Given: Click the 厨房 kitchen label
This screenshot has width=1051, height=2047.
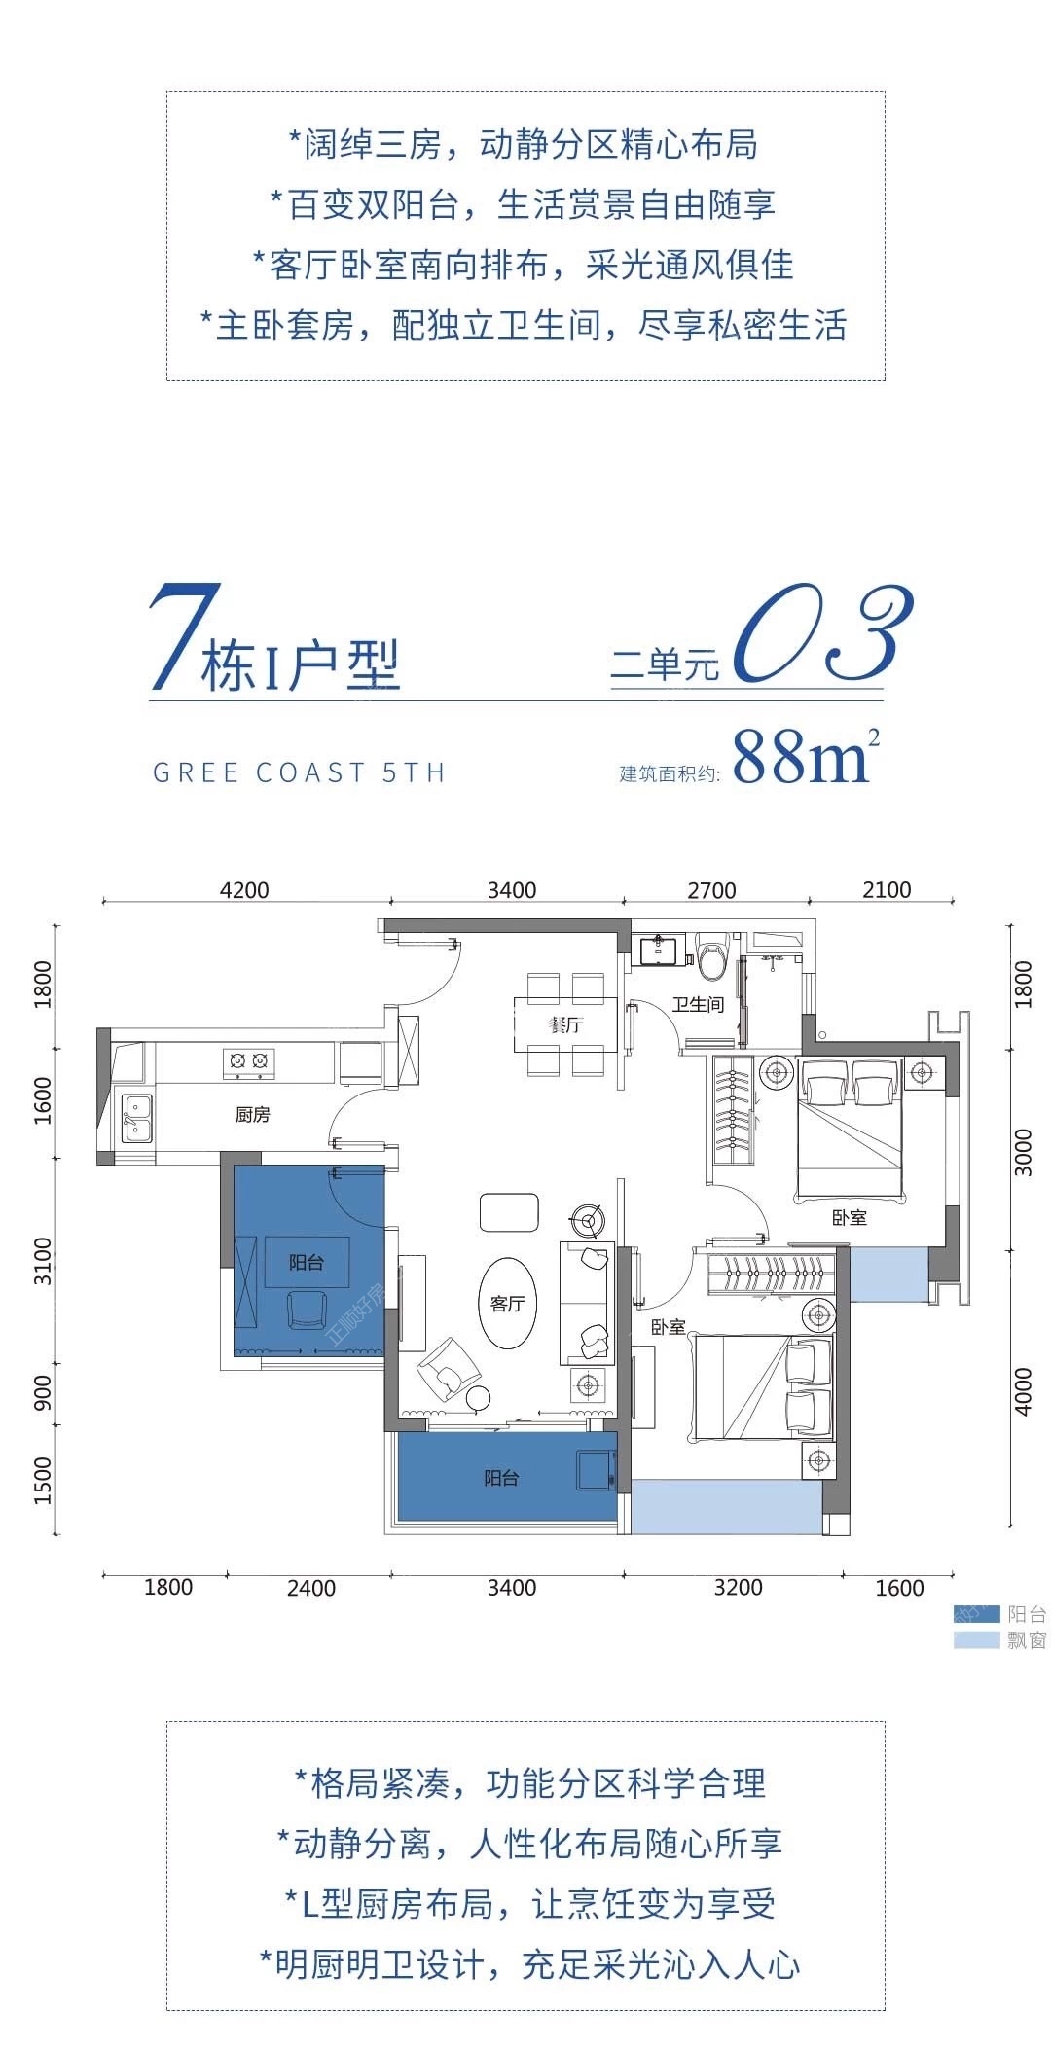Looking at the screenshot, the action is (252, 1115).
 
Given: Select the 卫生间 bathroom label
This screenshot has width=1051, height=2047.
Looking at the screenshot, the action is (698, 1004).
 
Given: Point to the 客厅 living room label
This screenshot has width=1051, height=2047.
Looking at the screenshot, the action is (507, 1304).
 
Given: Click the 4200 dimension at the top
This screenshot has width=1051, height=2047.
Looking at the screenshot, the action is (244, 890).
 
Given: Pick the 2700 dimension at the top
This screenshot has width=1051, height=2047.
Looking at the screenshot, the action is (711, 890).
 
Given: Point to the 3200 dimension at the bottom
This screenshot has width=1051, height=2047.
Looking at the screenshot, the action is (738, 1587).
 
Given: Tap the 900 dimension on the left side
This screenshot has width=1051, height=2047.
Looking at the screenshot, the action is (43, 1392).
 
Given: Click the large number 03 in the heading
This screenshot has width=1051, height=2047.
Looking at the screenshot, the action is (822, 632).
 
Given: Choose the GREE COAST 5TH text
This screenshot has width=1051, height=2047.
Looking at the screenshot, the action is (299, 772).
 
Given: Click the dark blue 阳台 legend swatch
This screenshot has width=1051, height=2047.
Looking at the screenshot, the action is (976, 1614).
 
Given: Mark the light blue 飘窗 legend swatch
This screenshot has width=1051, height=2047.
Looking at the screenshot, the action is (976, 1640).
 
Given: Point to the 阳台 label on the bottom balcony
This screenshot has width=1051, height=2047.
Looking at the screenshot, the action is (501, 1478).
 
